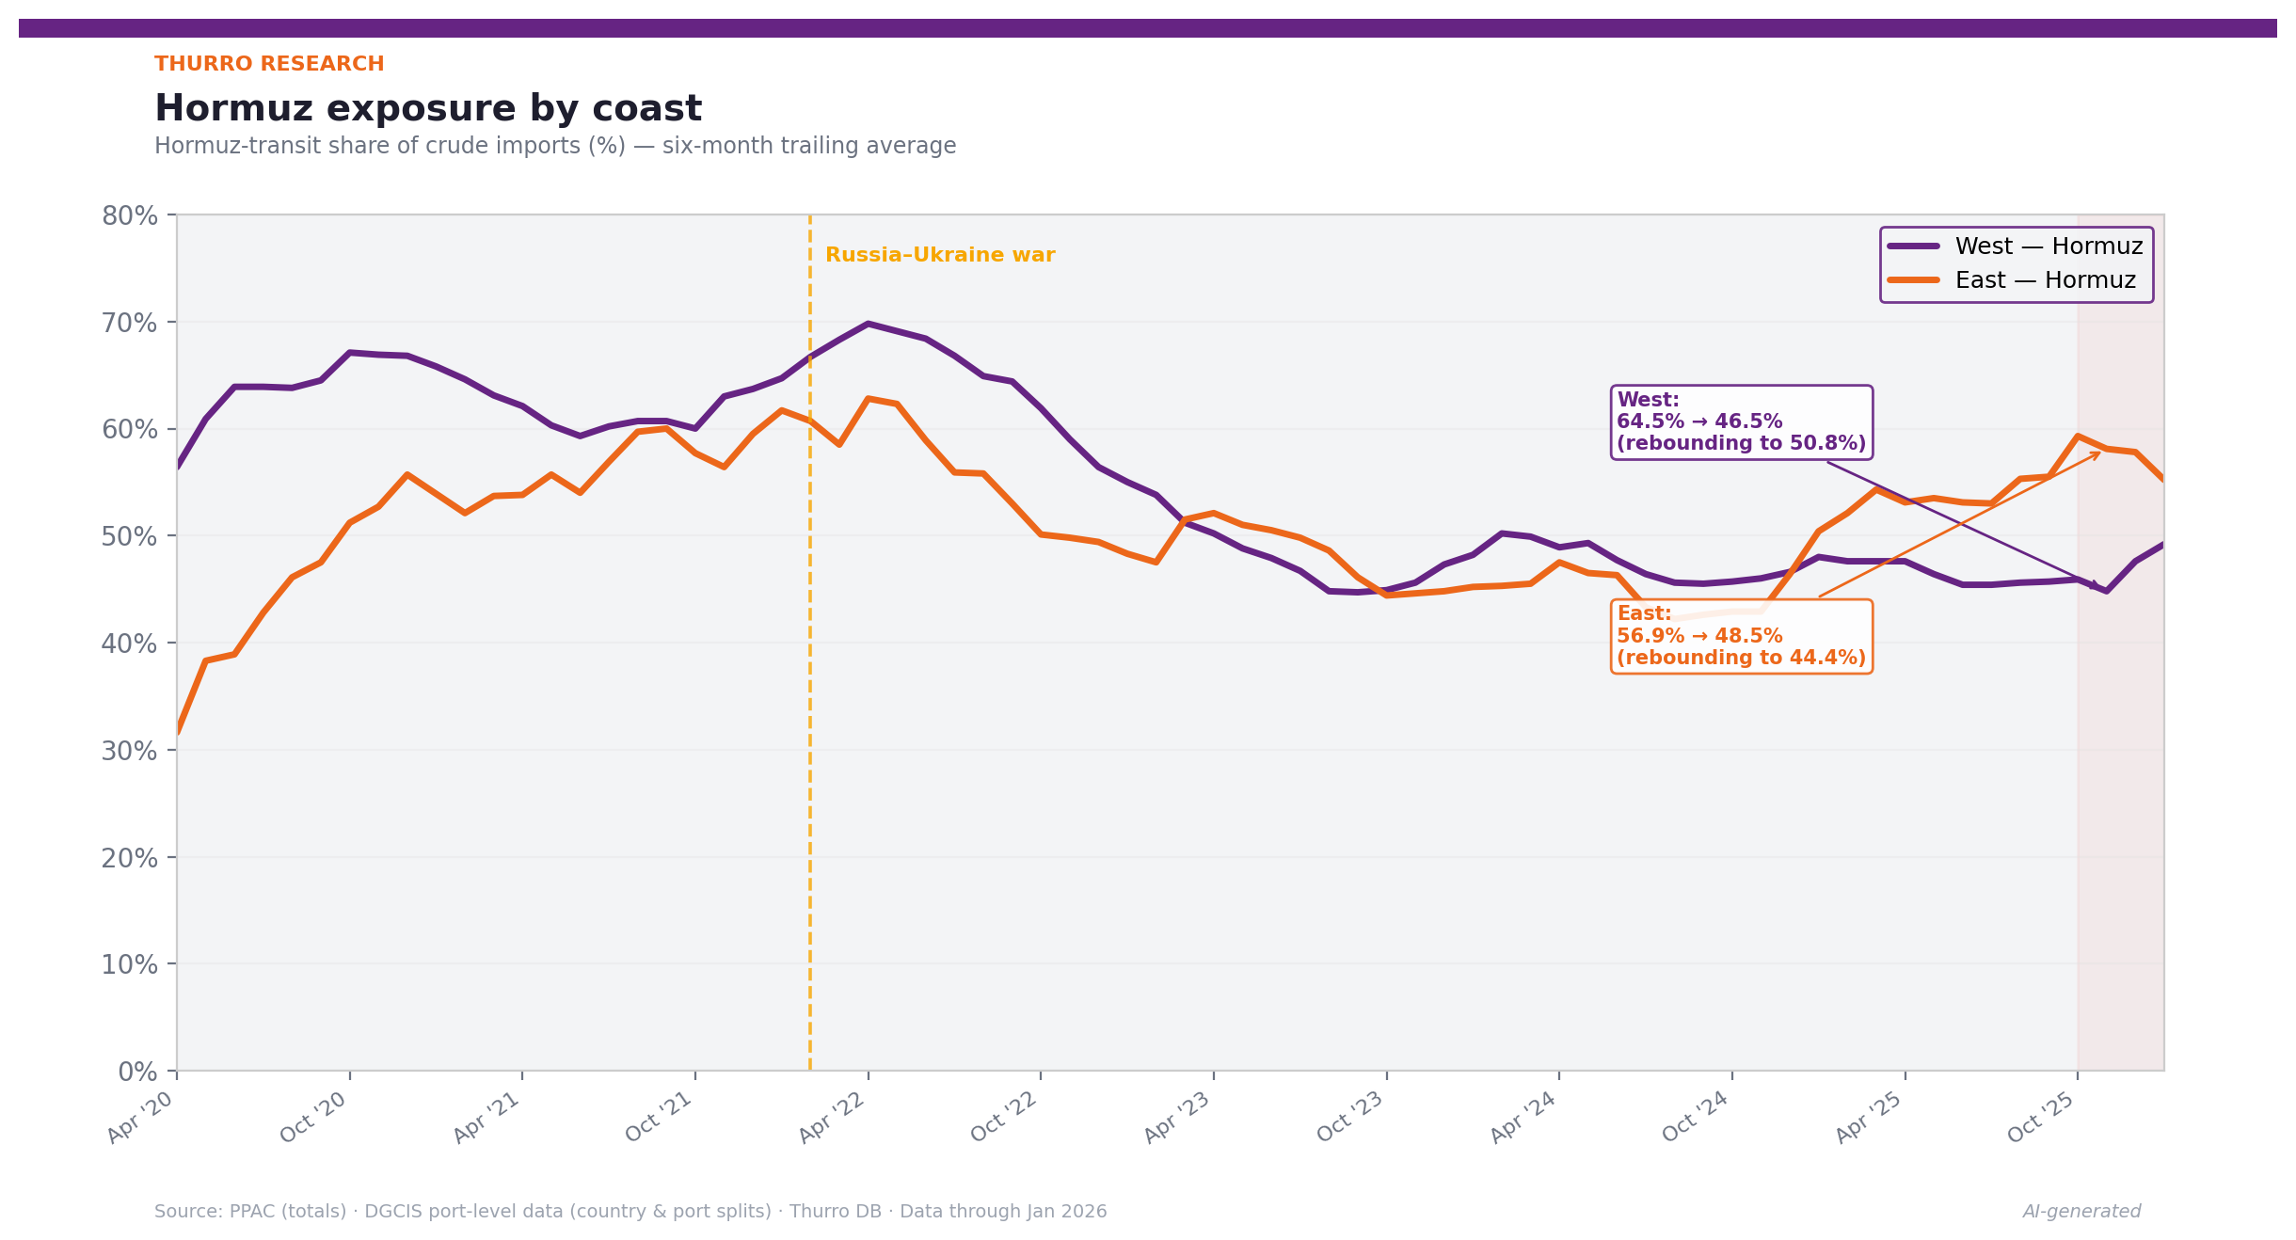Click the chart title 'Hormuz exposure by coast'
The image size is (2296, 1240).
click(428, 109)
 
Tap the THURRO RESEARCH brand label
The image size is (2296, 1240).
click(269, 64)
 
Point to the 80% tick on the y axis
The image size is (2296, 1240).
click(130, 216)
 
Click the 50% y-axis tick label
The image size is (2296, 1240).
click(130, 537)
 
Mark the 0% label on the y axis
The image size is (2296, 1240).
click(137, 1072)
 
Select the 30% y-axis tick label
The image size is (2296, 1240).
click(130, 751)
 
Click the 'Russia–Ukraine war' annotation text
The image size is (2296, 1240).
click(939, 255)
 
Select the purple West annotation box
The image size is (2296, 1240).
click(1741, 422)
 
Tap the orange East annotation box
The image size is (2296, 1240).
click(1741, 636)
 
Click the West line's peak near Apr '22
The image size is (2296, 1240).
click(868, 324)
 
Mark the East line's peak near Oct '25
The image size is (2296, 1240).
click(2077, 436)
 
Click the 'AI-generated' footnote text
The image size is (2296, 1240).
click(2081, 1212)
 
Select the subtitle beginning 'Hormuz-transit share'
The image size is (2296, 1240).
click(555, 147)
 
